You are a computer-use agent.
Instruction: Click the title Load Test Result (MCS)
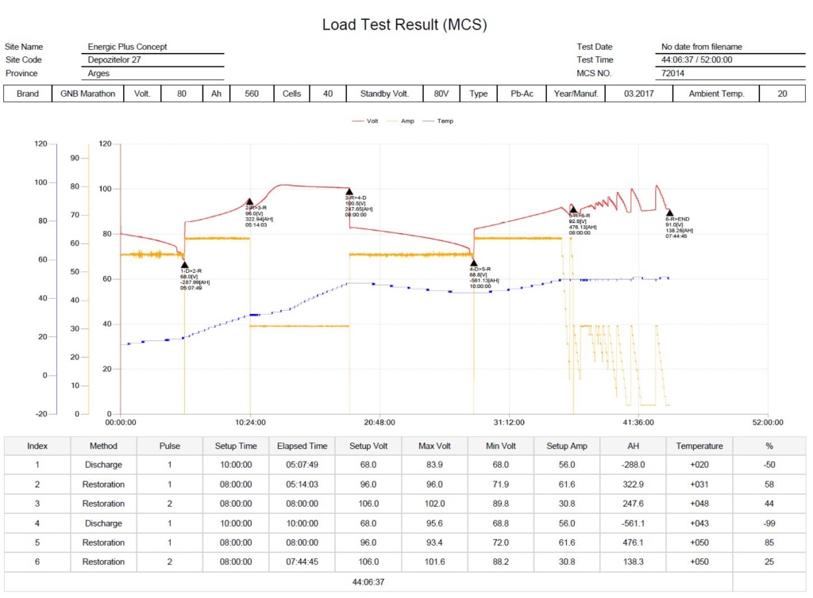click(404, 25)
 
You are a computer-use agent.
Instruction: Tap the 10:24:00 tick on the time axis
click(250, 423)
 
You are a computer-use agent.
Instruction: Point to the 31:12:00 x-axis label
click(509, 423)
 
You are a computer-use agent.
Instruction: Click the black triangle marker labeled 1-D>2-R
click(184, 265)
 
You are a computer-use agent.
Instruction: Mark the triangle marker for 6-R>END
click(669, 213)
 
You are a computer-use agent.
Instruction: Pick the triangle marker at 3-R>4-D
click(349, 192)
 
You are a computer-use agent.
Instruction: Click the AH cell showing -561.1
click(633, 523)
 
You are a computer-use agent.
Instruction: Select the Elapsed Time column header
click(302, 446)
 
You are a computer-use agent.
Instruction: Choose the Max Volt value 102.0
click(434, 504)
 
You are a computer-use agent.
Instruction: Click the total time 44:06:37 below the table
click(368, 581)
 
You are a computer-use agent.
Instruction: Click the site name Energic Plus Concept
click(128, 47)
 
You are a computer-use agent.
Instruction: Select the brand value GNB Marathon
click(87, 94)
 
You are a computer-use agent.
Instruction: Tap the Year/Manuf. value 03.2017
click(638, 94)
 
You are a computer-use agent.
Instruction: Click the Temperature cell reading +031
click(699, 485)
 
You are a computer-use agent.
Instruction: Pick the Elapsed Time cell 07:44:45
click(302, 562)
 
